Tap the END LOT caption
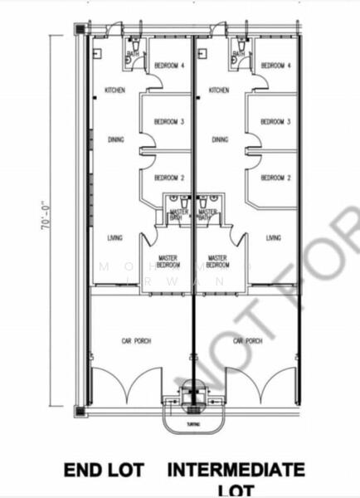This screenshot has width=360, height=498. click(x=105, y=471)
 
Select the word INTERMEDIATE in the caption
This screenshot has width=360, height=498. click(x=236, y=471)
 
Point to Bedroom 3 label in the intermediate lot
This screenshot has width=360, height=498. click(x=275, y=121)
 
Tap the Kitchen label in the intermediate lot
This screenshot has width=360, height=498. click(x=219, y=90)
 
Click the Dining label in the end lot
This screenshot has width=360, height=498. click(x=116, y=139)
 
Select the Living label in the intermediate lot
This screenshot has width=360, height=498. click(x=274, y=237)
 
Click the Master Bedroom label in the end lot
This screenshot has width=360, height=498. click(x=168, y=261)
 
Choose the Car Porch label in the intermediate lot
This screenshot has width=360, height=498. click(x=248, y=341)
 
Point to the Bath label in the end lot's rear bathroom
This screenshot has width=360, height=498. click(x=133, y=54)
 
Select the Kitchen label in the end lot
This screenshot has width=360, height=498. click(x=114, y=90)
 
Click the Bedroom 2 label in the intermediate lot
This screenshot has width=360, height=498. click(x=275, y=178)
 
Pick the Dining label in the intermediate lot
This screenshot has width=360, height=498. click(x=219, y=139)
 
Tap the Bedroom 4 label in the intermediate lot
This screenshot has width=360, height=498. click(x=275, y=66)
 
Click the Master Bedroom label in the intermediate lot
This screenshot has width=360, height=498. click(x=217, y=261)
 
